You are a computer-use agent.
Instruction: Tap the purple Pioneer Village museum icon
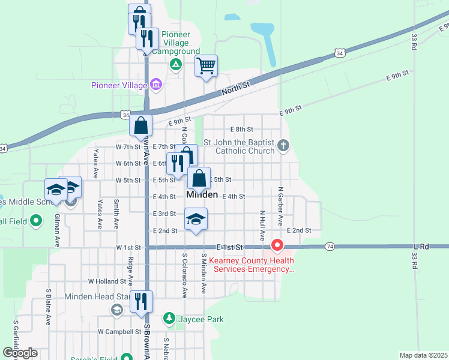tap(156, 85)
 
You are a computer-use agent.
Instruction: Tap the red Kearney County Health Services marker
tap(277, 245)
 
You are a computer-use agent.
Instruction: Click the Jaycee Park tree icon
tap(169, 319)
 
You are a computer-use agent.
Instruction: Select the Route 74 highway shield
tap(330, 247)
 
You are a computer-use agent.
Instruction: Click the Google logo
tap(20, 353)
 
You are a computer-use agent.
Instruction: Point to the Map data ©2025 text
tap(423, 355)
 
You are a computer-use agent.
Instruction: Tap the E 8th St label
tap(242, 129)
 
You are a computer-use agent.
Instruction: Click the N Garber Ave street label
tap(280, 206)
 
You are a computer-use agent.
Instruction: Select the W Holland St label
tap(107, 281)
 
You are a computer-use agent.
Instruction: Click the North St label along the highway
tap(235, 88)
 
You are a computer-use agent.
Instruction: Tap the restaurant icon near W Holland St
tap(141, 301)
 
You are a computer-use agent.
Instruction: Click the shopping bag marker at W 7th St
tap(140, 125)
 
